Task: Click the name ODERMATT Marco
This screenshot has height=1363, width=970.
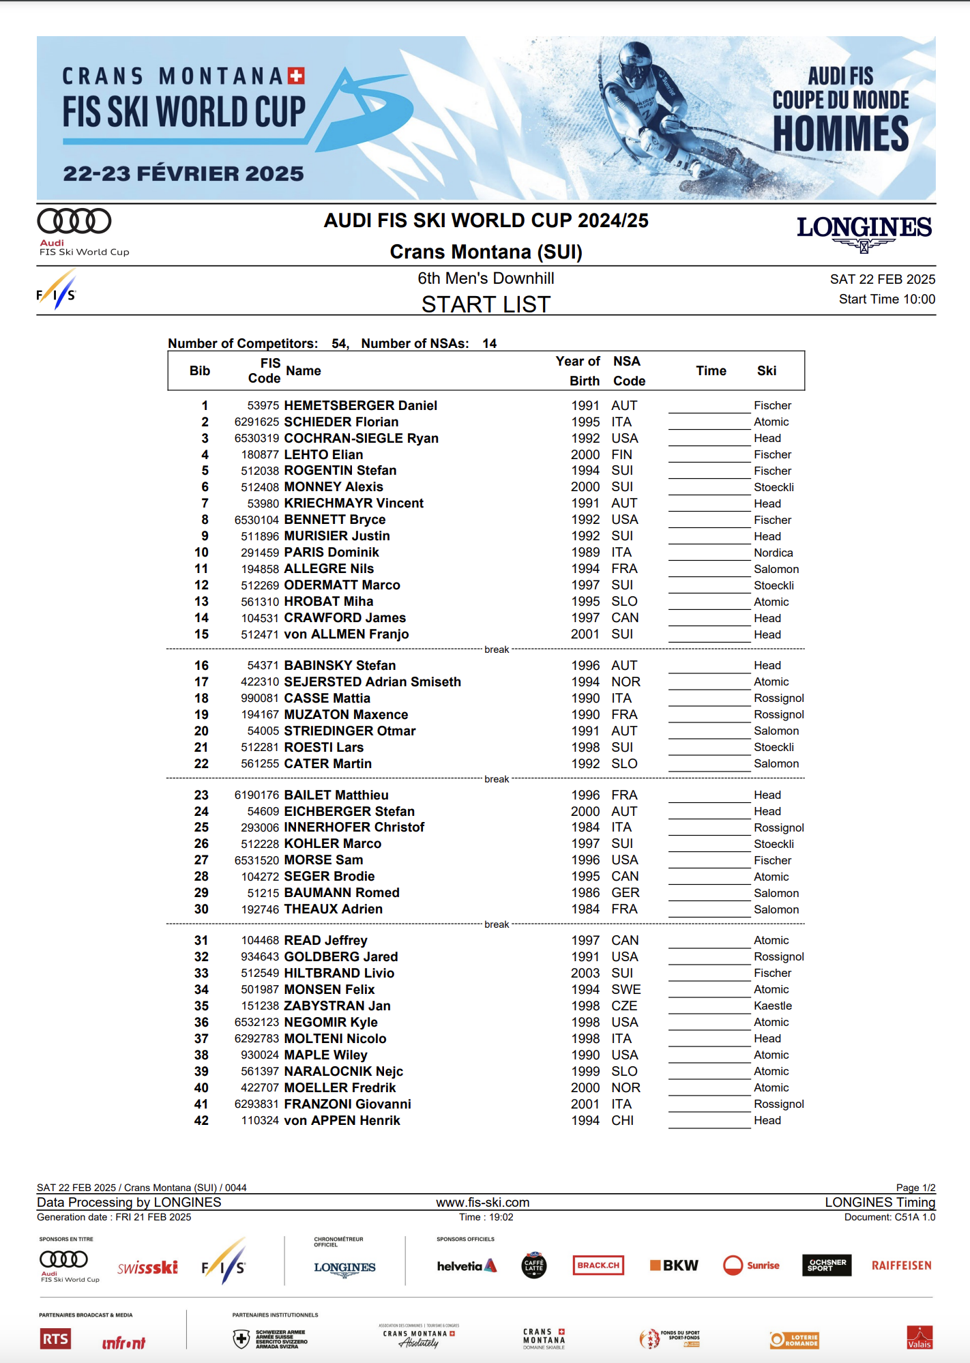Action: coord(342,585)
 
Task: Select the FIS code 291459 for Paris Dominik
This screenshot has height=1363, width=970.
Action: coord(259,553)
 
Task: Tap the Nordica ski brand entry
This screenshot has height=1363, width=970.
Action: coord(773,553)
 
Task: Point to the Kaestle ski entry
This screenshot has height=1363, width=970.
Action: coord(772,1006)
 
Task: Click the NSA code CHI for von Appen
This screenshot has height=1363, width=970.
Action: coord(622,1120)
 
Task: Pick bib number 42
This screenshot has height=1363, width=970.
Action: coord(201,1120)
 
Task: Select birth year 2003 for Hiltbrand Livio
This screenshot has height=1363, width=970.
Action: coord(585,973)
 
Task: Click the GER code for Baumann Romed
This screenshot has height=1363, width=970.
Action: coord(625,892)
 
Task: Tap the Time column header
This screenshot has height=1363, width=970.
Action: coord(711,370)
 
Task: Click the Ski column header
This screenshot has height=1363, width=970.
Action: coord(767,370)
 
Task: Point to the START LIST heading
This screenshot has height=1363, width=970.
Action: coord(486,304)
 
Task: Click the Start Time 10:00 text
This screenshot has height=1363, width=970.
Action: coord(886,299)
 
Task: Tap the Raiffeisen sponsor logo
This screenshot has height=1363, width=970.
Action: coord(901,1265)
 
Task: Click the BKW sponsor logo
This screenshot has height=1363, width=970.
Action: coord(674,1265)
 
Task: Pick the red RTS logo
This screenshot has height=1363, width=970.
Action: coord(55,1338)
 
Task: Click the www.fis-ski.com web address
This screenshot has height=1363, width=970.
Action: coord(483,1202)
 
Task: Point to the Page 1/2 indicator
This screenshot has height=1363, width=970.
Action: coord(915,1187)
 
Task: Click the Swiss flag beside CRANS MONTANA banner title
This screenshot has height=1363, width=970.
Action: coord(296,75)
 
